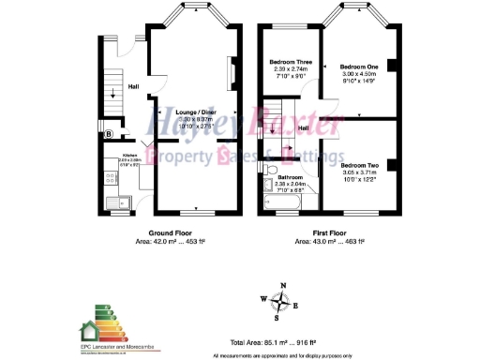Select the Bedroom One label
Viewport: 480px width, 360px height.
[x=359, y=67]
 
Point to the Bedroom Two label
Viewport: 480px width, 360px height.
[x=360, y=164]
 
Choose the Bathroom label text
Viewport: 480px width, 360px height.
[x=291, y=176]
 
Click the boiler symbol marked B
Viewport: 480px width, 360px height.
[x=110, y=134]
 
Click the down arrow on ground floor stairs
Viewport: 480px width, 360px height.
[x=113, y=92]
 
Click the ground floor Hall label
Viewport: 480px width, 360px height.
[x=133, y=84]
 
